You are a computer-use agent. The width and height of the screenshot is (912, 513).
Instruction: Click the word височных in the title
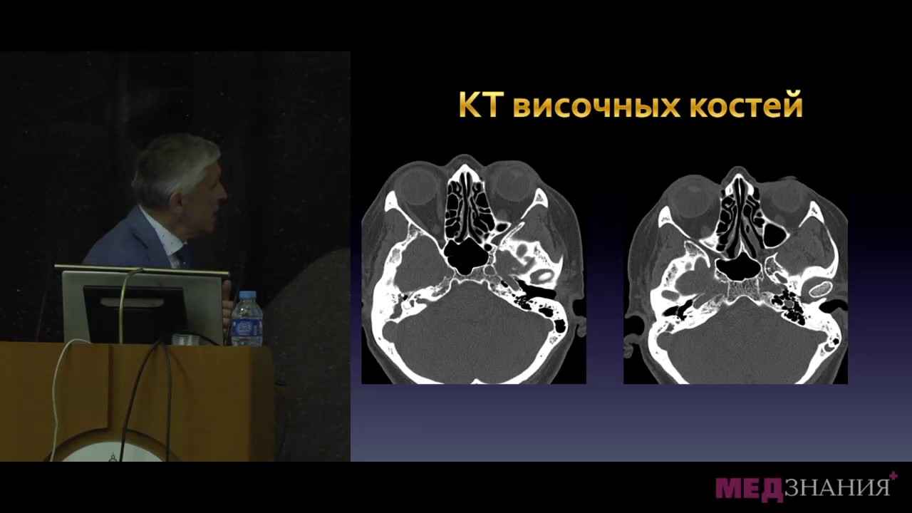pyautogui.click(x=597, y=106)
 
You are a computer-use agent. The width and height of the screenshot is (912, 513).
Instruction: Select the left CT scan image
pyautogui.click(x=474, y=269)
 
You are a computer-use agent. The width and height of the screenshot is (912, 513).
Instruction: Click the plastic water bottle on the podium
pyautogui.click(x=247, y=318)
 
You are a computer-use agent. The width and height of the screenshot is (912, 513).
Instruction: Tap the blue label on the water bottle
pyautogui.click(x=247, y=327)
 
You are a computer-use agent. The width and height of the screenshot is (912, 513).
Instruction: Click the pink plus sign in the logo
pyautogui.click(x=893, y=475)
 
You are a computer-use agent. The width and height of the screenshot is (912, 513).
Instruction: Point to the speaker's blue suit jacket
pyautogui.click(x=135, y=240)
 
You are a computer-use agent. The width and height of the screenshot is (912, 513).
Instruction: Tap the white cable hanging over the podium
pyautogui.click(x=61, y=387)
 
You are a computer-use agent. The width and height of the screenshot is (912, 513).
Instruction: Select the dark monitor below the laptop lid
pyautogui.click(x=135, y=313)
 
